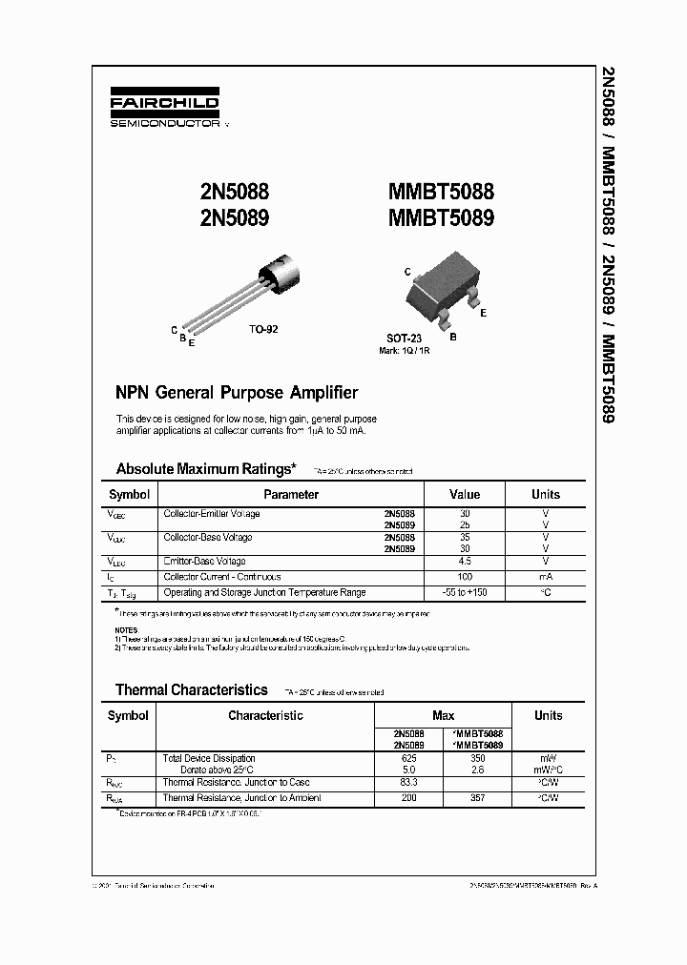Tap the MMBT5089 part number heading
(x=441, y=217)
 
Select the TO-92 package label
(x=263, y=329)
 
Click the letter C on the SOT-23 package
(x=407, y=272)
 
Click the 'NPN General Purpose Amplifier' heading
(x=237, y=393)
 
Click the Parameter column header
(x=291, y=495)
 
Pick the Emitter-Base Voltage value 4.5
(x=466, y=562)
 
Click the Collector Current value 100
(x=466, y=577)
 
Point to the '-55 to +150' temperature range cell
(x=466, y=592)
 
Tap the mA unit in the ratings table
(x=546, y=577)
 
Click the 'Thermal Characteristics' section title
(x=191, y=689)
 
